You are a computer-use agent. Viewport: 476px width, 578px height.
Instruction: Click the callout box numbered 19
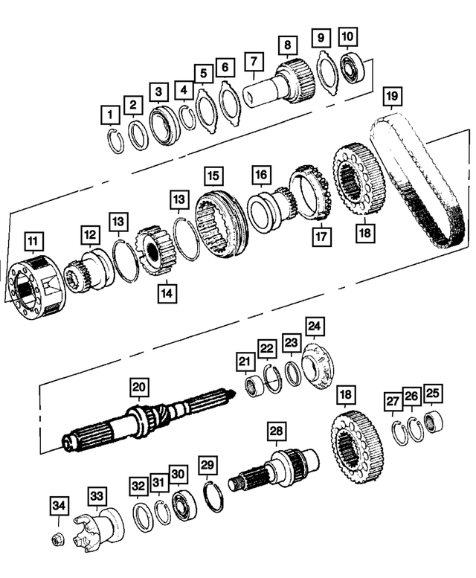click(x=393, y=97)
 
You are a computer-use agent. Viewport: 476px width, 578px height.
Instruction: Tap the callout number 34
click(x=59, y=507)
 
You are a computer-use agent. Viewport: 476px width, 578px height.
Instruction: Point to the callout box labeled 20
click(x=138, y=387)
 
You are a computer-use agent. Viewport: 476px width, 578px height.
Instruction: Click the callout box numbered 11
click(x=34, y=242)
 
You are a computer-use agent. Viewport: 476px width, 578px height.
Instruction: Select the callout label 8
click(x=286, y=46)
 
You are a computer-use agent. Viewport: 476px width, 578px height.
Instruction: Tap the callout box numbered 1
click(x=110, y=115)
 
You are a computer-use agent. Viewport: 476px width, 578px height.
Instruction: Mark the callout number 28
click(x=276, y=431)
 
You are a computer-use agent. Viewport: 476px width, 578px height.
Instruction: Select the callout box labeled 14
click(x=167, y=293)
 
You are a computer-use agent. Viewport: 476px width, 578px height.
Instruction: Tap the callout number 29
click(x=208, y=466)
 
